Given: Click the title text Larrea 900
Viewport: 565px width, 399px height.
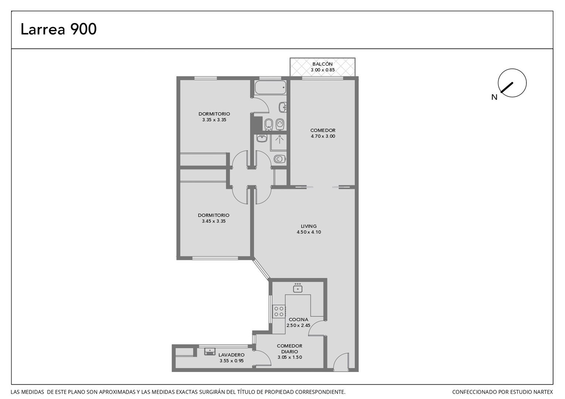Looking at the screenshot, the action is (x=58, y=29).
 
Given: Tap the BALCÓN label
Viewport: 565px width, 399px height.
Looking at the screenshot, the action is (x=322, y=64).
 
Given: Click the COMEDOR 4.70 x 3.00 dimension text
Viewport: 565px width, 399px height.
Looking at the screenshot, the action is (x=323, y=136).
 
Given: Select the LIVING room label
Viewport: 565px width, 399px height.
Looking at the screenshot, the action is (x=309, y=226).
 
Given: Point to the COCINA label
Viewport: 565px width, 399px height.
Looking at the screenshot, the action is (x=298, y=320).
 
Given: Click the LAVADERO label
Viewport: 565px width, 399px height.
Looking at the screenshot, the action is (x=231, y=355).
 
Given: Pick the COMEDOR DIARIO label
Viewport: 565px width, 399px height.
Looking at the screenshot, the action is (x=290, y=349).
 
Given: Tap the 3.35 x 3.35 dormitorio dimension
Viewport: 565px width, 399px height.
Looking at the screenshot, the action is (x=214, y=120).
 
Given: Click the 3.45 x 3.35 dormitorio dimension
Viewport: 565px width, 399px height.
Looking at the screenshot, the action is (x=214, y=221).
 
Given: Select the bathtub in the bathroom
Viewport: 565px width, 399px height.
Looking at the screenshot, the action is (x=270, y=87).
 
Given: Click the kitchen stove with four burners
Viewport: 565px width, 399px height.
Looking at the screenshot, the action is (x=279, y=311).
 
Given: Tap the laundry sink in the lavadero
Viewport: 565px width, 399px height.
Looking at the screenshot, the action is (x=210, y=351).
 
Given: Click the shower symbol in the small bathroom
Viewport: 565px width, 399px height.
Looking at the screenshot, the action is (x=279, y=139).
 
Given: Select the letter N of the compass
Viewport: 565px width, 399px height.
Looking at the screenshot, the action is (x=494, y=97).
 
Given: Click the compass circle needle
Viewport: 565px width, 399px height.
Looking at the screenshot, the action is (x=507, y=88).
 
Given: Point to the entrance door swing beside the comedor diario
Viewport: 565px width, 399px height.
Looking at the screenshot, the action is (x=341, y=362).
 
